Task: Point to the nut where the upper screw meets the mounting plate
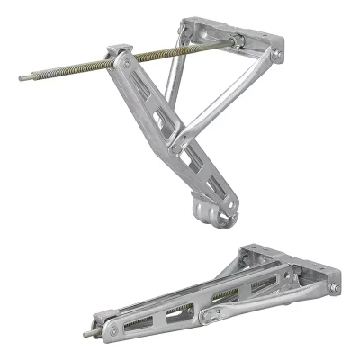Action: (x=237, y=40)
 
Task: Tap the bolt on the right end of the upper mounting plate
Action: (x=276, y=55)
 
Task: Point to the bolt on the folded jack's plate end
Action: (x=334, y=288)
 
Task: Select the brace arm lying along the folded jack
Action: (x=261, y=297)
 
